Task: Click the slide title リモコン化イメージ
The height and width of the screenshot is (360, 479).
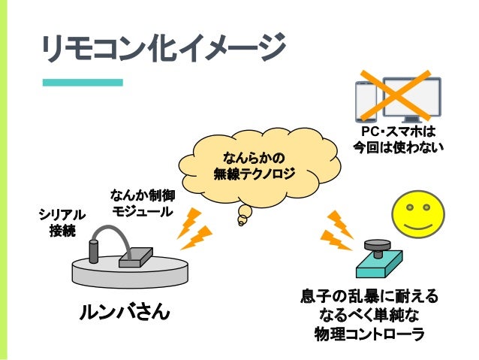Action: (161, 50)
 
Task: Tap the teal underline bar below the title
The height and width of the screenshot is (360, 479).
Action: (82, 82)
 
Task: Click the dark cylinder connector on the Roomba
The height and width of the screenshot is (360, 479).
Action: (93, 250)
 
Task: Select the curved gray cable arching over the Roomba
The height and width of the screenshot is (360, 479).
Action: (116, 235)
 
